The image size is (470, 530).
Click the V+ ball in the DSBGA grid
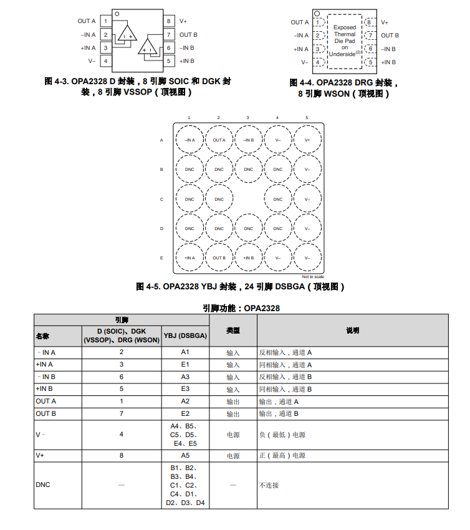[x=307, y=140]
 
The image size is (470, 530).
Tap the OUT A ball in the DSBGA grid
[x=219, y=140]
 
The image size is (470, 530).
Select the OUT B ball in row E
[x=219, y=258]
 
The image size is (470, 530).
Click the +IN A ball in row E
[x=189, y=258]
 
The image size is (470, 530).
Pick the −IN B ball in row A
[x=248, y=140]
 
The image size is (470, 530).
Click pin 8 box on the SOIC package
[x=168, y=21]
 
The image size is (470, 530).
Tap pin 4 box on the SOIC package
[x=106, y=61]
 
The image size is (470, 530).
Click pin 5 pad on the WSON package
[x=370, y=62]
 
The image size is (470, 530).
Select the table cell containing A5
[x=185, y=456]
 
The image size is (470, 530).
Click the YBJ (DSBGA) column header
[x=185, y=335]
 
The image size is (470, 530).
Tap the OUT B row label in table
[x=46, y=413]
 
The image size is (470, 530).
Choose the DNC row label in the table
[x=43, y=484]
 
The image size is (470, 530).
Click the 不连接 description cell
[x=269, y=484]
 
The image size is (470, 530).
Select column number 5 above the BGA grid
[x=307, y=118]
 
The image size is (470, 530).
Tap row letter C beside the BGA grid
[x=161, y=200]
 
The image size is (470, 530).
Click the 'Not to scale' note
[x=313, y=277]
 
